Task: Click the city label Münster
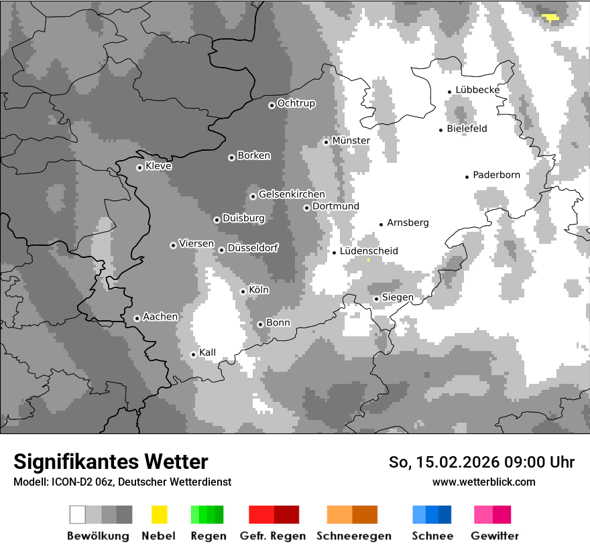[x=351, y=141]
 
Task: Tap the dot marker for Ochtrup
[x=272, y=105]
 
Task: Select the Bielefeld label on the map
[x=467, y=129]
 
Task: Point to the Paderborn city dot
[x=467, y=176]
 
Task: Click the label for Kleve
[x=158, y=166]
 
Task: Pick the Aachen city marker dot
[x=137, y=318]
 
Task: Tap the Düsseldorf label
[x=252, y=248]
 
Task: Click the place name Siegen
[x=398, y=297]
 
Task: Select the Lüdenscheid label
[x=369, y=251]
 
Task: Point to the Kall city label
[x=207, y=352]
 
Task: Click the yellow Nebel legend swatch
[x=159, y=514]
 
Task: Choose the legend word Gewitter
[x=495, y=536]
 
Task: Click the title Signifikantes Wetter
[x=111, y=462]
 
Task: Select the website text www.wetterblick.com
[x=483, y=482]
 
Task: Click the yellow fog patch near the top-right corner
[x=550, y=17]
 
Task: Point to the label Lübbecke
[x=477, y=90]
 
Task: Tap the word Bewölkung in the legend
[x=98, y=536]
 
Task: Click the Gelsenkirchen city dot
[x=253, y=196]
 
